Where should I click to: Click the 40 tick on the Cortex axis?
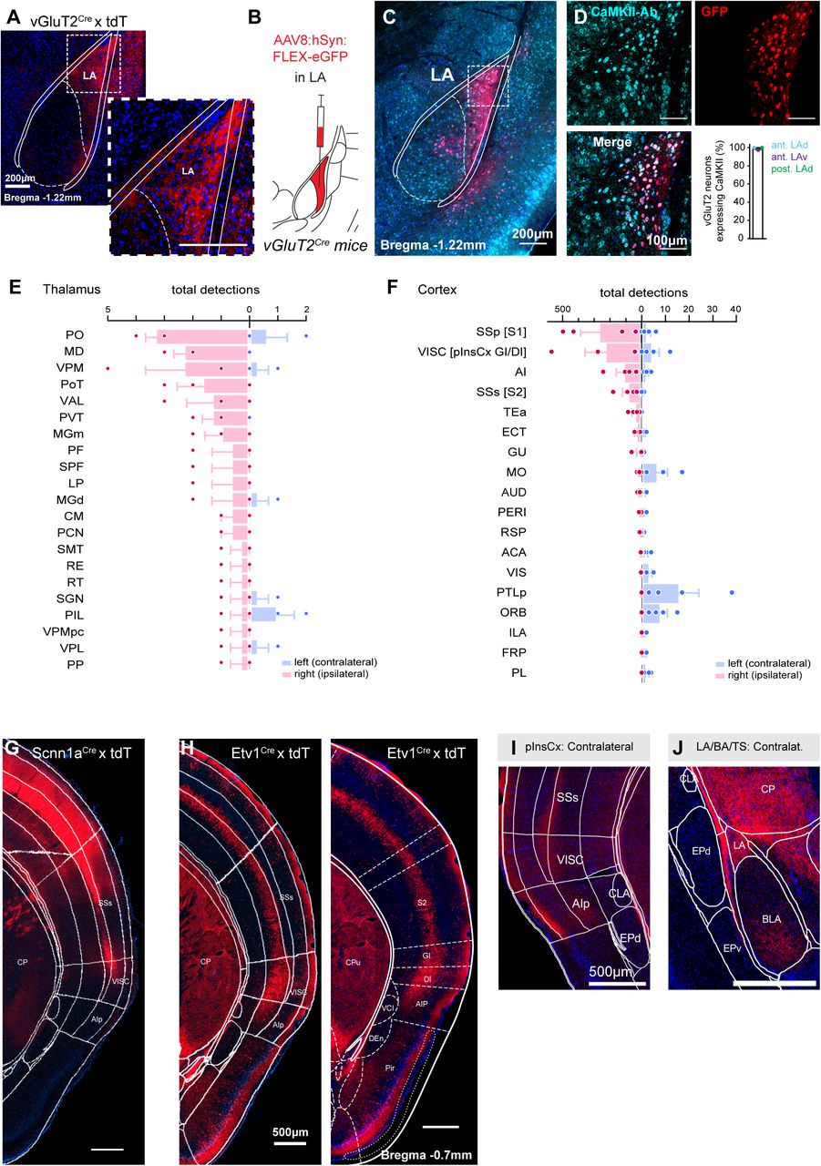pyautogui.click(x=735, y=309)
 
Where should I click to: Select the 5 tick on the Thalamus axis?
pyautogui.click(x=108, y=309)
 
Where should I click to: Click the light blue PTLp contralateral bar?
pyautogui.click(x=660, y=593)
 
